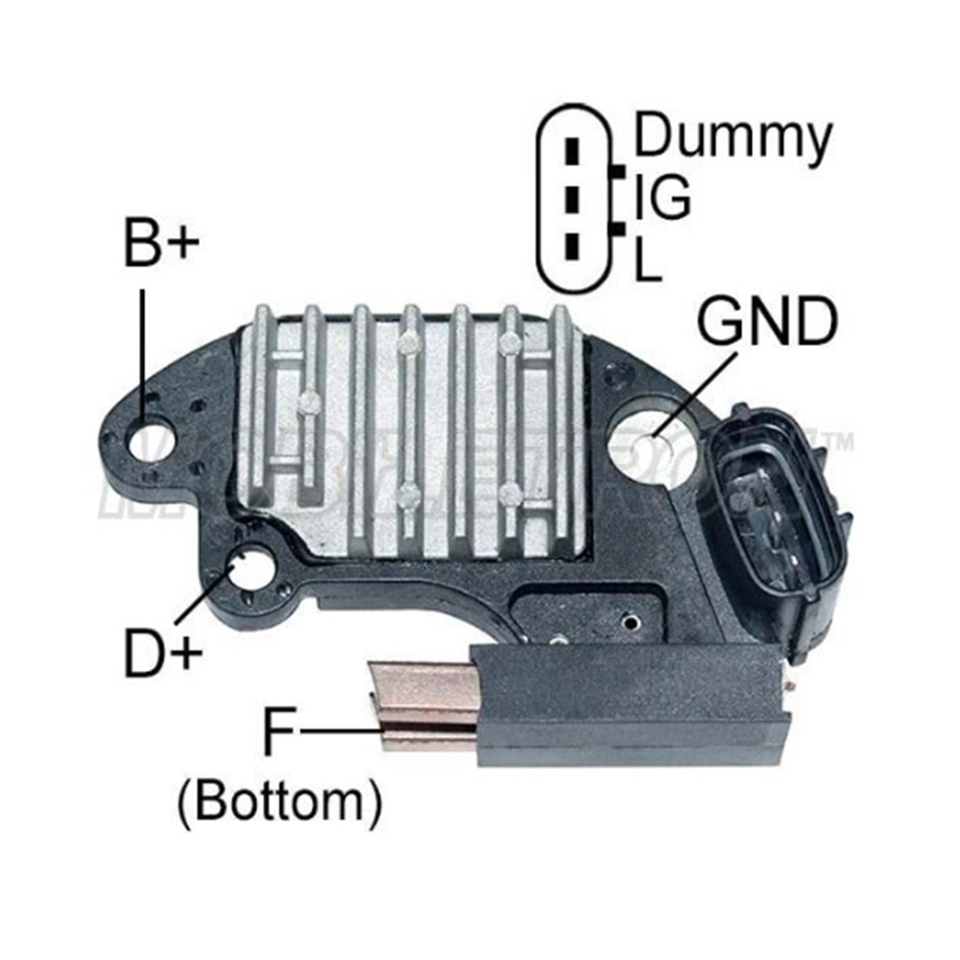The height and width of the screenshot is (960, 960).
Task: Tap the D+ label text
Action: point(161,652)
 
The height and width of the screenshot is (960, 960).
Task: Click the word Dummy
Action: point(732,136)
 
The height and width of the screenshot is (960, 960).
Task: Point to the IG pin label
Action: point(663,197)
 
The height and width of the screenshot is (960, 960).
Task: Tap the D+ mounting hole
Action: point(255,566)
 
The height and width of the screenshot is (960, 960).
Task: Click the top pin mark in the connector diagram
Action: point(573,152)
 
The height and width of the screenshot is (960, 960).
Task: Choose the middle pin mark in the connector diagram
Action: point(573,200)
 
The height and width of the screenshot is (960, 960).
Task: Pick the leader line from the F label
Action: point(340,732)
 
